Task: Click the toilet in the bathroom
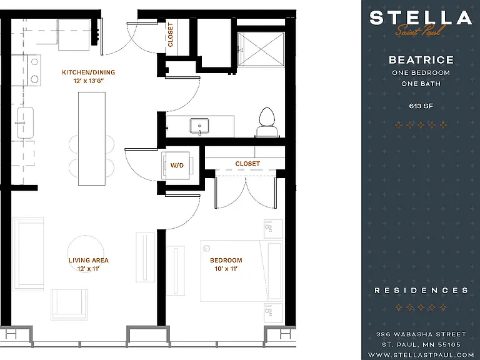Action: (x=267, y=122)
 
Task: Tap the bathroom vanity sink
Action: (x=199, y=126)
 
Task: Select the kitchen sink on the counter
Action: (x=26, y=122)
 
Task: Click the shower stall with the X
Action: (x=261, y=49)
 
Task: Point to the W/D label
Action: (x=177, y=166)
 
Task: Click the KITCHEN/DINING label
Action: (x=89, y=72)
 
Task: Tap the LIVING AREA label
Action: (x=89, y=260)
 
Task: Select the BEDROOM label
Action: (x=226, y=260)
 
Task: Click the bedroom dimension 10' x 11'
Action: (x=226, y=269)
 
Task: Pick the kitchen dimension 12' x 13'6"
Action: (x=89, y=81)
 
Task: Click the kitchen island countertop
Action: (x=92, y=139)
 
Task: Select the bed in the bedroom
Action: (x=241, y=271)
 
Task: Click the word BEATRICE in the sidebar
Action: (x=421, y=60)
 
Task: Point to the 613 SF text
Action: (x=421, y=106)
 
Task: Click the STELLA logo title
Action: (x=421, y=17)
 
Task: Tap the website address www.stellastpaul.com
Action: (x=421, y=355)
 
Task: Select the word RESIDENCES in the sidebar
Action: (x=421, y=290)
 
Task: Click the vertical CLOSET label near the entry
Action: (x=171, y=34)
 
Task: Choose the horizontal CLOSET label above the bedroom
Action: (x=247, y=164)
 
